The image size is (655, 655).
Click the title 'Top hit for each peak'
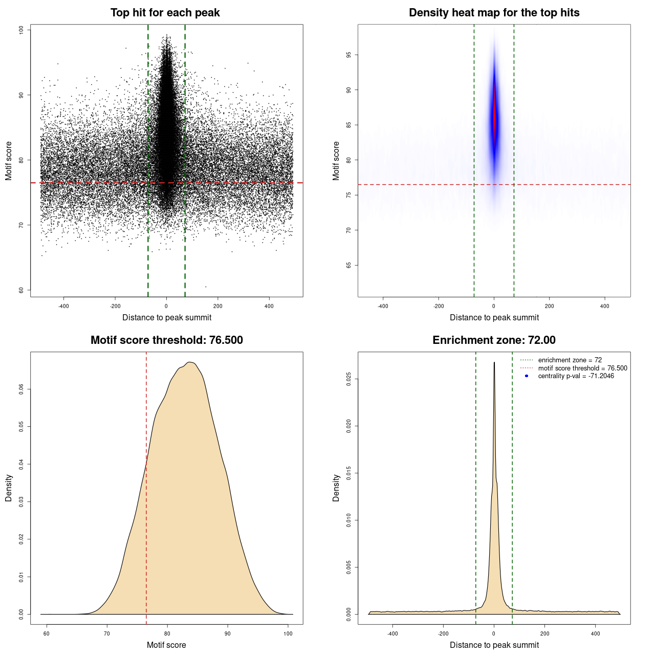click(165, 13)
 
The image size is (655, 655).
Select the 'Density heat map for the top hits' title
click(494, 13)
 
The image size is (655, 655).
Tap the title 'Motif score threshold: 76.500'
click(166, 340)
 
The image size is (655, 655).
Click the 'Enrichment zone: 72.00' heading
click(494, 340)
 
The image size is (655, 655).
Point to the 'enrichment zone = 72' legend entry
click(570, 360)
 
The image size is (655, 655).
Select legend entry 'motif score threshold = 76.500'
click(582, 368)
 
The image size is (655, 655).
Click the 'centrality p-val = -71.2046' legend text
click(576, 376)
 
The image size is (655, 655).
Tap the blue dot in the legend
click(527, 376)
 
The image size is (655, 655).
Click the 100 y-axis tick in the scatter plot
click(21, 30)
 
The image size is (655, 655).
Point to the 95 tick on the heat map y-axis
click(349, 55)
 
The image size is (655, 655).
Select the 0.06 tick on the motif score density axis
click(21, 389)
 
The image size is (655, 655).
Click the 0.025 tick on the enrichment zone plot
click(349, 379)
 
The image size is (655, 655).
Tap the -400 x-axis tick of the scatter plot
click(63, 306)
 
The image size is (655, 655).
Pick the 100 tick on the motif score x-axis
click(288, 634)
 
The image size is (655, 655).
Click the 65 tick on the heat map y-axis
click(349, 265)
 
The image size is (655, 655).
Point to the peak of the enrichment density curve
click(494, 363)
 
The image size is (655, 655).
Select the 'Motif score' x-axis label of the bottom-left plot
click(166, 645)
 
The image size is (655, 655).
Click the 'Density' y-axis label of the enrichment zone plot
click(336, 488)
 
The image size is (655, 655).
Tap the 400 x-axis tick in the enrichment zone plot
click(595, 634)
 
